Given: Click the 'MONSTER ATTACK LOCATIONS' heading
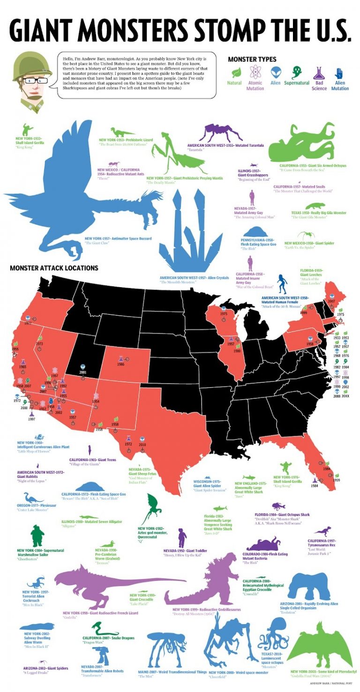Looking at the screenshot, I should point(54,268).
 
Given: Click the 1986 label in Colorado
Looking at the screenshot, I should point(121,364).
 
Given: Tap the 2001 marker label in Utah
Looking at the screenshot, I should point(83,372).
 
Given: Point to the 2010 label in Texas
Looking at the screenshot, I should point(142,444).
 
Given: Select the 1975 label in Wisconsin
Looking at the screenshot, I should point(224,314).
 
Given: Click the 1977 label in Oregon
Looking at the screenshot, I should point(28,323).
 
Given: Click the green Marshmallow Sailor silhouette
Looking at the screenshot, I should point(36,536).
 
